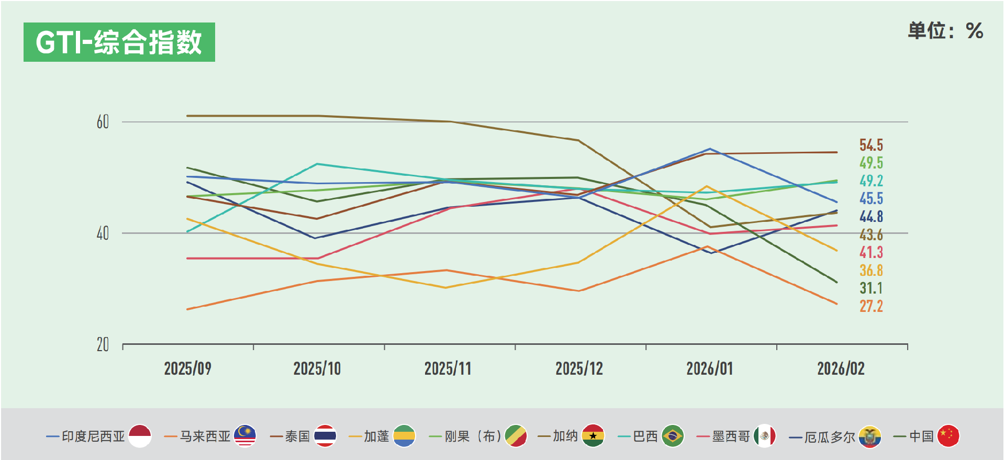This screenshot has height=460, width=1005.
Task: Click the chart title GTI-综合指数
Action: coord(119,42)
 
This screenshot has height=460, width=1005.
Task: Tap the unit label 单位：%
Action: coord(945,31)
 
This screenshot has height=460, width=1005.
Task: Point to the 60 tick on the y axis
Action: coord(103,122)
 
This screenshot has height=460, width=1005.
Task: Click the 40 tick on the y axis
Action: coord(103,233)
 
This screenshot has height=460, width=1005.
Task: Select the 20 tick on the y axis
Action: coord(103,344)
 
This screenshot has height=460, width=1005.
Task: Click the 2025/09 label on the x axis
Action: coord(187,368)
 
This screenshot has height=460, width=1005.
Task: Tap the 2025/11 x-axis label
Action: coord(448,368)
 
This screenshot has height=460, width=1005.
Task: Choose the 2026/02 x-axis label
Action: coord(841,368)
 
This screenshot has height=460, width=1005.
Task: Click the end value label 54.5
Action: coord(871,145)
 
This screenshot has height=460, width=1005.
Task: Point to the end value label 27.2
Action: coord(871,306)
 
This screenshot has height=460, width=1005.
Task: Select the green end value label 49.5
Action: coord(871,163)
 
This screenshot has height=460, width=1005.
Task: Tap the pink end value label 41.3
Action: coord(871,252)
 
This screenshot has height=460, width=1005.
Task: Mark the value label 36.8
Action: coord(871,271)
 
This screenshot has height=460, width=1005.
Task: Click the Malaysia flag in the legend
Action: coord(244,436)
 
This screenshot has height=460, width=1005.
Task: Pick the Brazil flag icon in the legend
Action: coord(673,436)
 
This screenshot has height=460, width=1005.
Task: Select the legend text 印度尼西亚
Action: coord(93,436)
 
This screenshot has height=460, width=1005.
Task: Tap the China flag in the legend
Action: coord(948,436)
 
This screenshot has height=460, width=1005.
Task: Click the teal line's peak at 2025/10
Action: coord(317,164)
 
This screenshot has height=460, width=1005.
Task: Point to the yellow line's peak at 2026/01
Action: coord(707,186)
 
